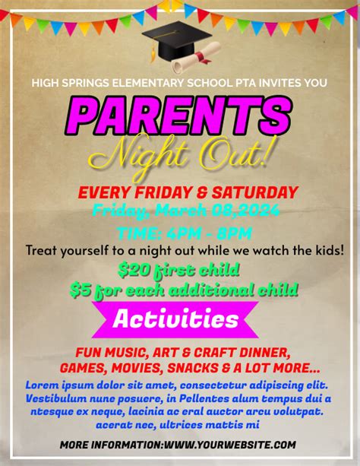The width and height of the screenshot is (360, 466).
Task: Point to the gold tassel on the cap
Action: [x=153, y=52]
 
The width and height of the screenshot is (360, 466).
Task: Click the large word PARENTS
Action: [x=178, y=116]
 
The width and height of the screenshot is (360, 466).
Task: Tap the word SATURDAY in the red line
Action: [x=255, y=192]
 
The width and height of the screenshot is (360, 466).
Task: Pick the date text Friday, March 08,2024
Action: [x=185, y=211]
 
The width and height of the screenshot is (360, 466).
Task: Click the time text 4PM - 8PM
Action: [x=209, y=233]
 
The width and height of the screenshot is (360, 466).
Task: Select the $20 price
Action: [x=134, y=270]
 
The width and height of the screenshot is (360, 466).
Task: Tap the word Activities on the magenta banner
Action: [x=175, y=319]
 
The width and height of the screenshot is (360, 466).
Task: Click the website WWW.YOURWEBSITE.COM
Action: [x=230, y=445]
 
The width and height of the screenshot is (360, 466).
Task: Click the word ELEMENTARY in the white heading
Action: [x=148, y=83]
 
